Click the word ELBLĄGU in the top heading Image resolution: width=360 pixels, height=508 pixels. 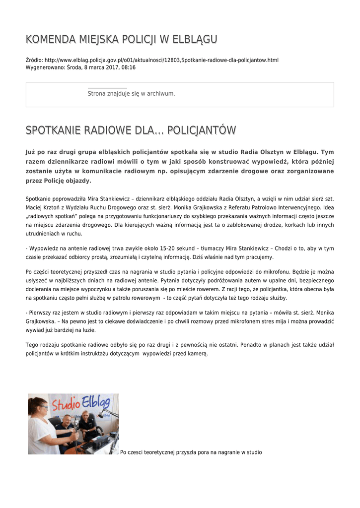pyautogui.click(x=194, y=39)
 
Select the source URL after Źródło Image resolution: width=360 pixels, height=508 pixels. pyautogui.click(x=161, y=60)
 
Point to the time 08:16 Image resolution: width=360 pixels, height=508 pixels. pyautogui.click(x=129, y=67)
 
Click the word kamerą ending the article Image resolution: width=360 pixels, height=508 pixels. pyautogui.click(x=198, y=354)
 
